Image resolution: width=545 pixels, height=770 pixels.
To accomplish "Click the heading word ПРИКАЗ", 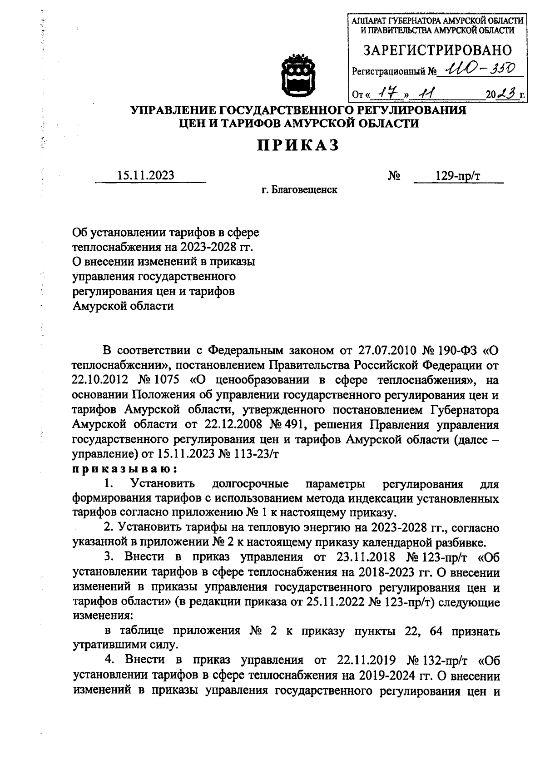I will coord(298,145).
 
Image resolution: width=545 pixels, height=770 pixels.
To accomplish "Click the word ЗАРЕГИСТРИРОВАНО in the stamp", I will coord(437,50).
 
